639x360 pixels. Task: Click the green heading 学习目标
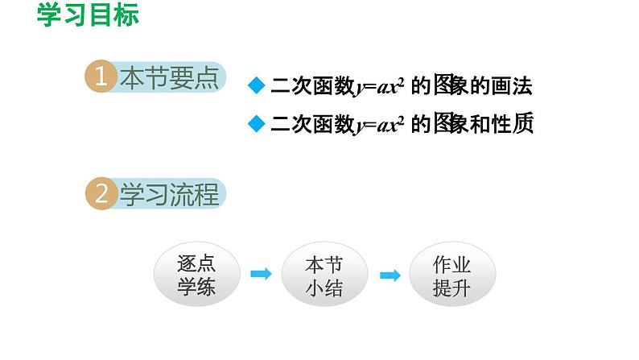88,14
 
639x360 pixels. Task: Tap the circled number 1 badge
101,77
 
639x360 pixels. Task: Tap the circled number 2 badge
101,194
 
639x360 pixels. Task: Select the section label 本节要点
169,77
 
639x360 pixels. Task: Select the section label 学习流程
169,194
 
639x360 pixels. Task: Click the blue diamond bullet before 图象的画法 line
256,85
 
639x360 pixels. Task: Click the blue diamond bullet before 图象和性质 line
256,123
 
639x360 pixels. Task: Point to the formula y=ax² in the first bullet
379,85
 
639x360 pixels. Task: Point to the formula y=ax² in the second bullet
379,124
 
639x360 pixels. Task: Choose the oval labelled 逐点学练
196,275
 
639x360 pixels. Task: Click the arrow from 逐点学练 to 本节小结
261,275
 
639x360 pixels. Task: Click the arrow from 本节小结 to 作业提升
390,275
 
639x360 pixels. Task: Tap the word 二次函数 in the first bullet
312,85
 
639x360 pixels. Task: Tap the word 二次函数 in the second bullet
312,124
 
